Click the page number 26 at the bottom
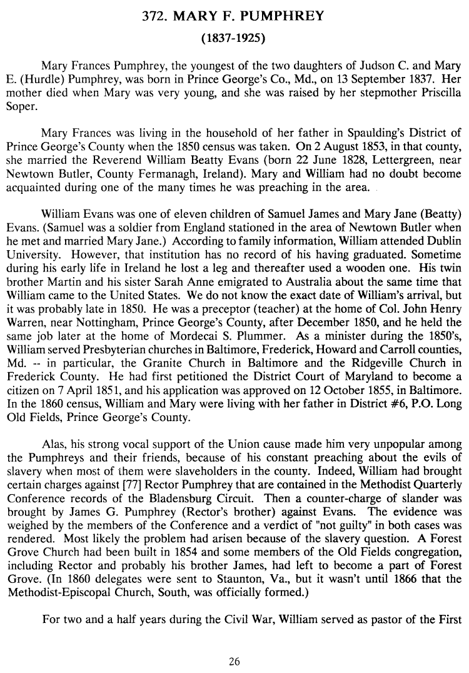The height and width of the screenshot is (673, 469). coord(234,661)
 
